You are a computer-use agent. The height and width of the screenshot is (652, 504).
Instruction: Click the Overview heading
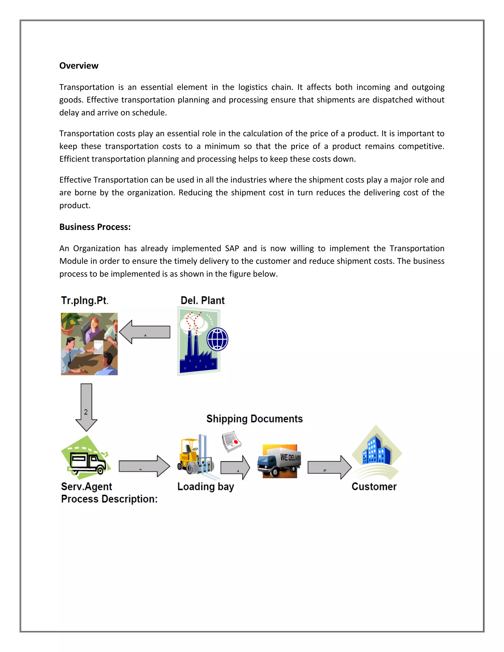[79, 66]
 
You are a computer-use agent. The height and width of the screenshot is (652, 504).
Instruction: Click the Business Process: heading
[95, 227]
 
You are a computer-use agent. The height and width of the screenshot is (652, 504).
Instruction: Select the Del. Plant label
[203, 300]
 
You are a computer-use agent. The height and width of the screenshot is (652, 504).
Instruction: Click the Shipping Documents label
[254, 419]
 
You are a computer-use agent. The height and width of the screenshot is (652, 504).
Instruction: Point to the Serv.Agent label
[87, 486]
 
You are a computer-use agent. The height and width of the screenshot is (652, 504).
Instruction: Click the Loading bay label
[205, 486]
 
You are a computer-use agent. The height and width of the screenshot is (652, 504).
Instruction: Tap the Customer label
[374, 486]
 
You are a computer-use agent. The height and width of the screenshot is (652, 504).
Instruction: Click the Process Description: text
[109, 499]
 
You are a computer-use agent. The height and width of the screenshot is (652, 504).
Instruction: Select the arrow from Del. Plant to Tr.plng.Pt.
[145, 332]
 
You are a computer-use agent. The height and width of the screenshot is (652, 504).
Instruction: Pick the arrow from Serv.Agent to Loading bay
[144, 466]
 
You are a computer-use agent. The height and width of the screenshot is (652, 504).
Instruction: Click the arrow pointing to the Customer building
[329, 467]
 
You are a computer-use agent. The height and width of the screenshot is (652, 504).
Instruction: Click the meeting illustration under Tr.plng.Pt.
[89, 344]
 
